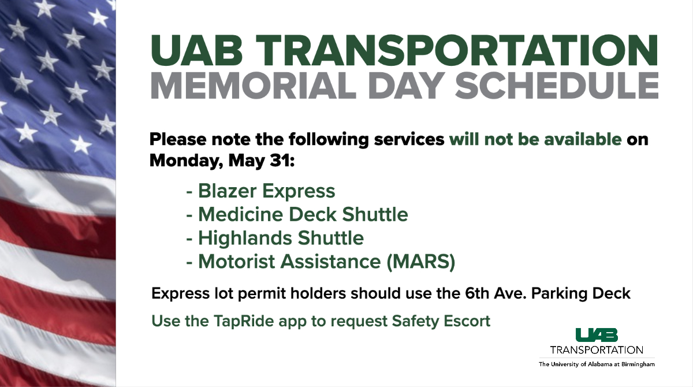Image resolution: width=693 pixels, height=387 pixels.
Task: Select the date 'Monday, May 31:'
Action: pyautogui.click(x=222, y=160)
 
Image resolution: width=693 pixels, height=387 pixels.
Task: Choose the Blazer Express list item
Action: pyautogui.click(x=266, y=191)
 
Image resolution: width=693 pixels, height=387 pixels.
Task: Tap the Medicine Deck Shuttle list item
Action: pyautogui.click(x=303, y=214)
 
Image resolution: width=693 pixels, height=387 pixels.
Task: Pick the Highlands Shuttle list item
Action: pyautogui.click(x=281, y=237)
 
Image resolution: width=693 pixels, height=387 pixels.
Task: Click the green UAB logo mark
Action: pyautogui.click(x=596, y=334)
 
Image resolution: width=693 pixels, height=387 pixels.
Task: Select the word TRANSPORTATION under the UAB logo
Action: pyautogui.click(x=596, y=350)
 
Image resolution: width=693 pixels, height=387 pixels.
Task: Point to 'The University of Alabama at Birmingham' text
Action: pyautogui.click(x=597, y=364)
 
